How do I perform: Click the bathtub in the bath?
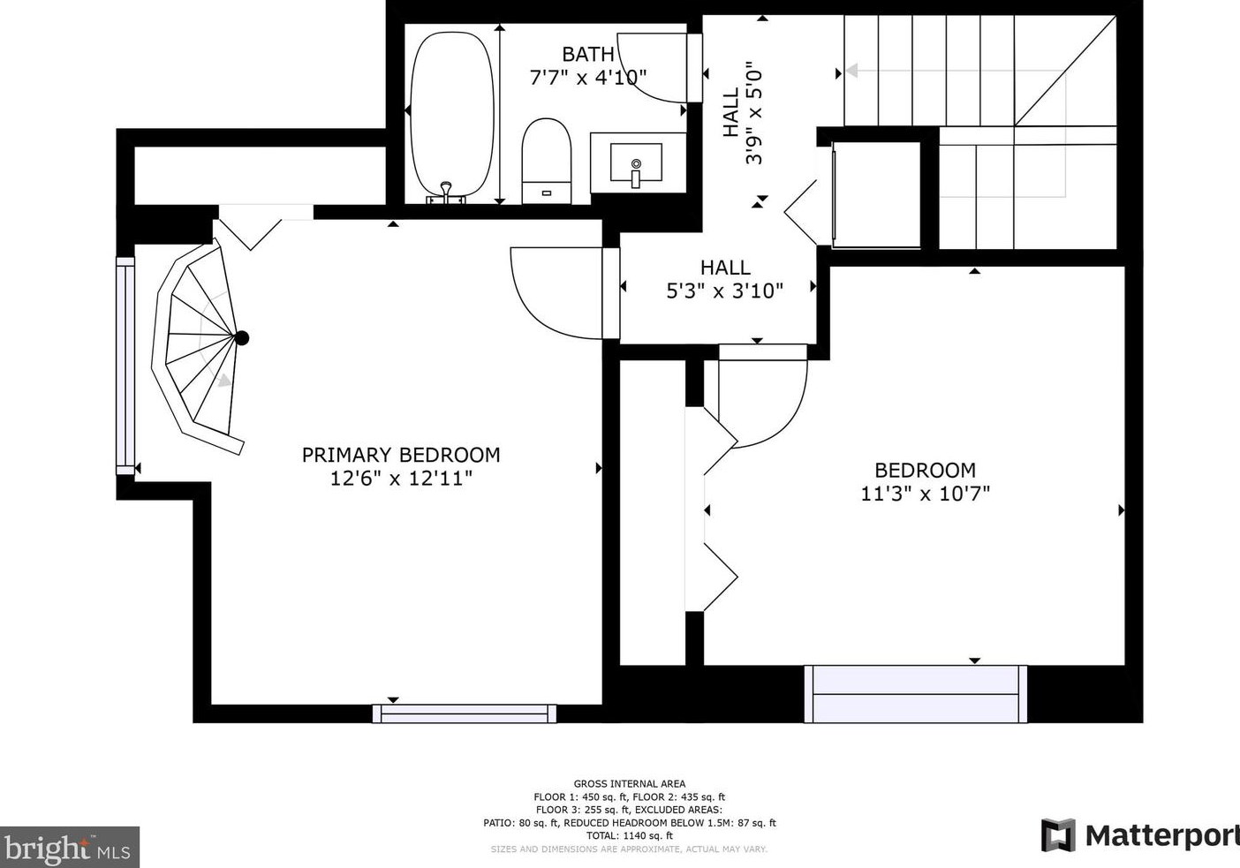pos(451,115)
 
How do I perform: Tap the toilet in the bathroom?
pos(546,161)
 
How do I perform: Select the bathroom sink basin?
pos(636,162)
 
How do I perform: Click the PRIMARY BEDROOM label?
pos(401,455)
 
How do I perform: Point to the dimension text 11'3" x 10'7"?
pos(925,494)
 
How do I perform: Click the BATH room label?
pos(588,54)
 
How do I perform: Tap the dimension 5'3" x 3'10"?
pos(724,291)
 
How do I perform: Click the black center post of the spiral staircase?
pos(241,338)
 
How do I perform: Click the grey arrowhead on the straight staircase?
pos(852,71)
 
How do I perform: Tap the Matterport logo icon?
pos(1058,835)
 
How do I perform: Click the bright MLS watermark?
pos(70,847)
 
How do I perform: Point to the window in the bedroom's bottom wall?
pos(916,694)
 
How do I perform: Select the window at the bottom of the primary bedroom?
pos(465,713)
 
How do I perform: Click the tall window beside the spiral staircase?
pos(125,366)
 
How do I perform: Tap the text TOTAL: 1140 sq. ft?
pos(630,835)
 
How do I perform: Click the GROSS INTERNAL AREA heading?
pos(630,783)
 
